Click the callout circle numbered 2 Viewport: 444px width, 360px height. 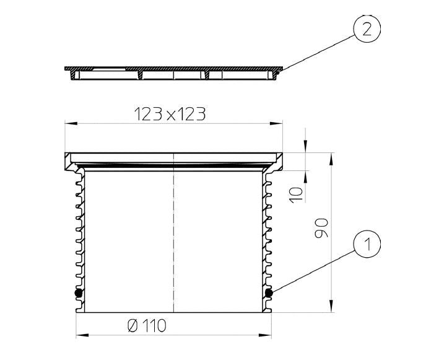pyautogui.click(x=367, y=29)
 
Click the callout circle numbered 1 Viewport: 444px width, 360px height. pyautogui.click(x=367, y=244)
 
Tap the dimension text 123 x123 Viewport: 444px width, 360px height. pyautogui.click(x=170, y=114)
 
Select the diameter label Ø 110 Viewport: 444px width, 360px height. pyautogui.click(x=147, y=326)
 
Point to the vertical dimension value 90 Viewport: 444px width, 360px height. pyautogui.click(x=321, y=228)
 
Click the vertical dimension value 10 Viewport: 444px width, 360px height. pyautogui.click(x=296, y=195)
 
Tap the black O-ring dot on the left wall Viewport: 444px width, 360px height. pyautogui.click(x=79, y=293)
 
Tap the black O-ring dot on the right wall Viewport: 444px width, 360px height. pyautogui.click(x=269, y=293)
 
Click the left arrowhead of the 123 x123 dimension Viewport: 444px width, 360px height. pyautogui.click(x=71, y=123)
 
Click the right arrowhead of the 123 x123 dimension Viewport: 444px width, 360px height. pyautogui.click(x=276, y=123)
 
